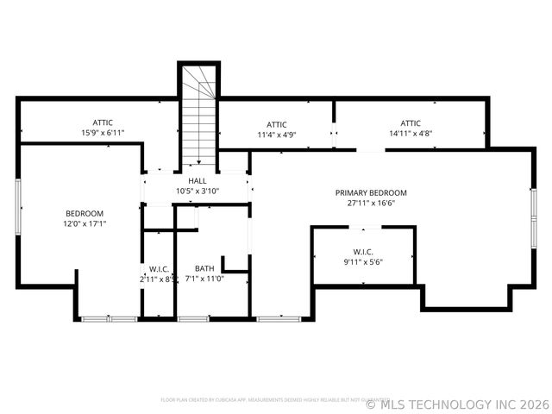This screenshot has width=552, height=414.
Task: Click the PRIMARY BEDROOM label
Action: coord(371,192)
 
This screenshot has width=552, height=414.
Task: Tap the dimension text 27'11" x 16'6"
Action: coord(371,204)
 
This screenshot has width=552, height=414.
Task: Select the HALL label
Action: coord(198,180)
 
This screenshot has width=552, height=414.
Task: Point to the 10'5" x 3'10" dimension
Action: coord(198,191)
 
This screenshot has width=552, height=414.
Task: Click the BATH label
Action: coord(204,268)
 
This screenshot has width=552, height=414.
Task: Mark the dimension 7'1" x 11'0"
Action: coord(204,279)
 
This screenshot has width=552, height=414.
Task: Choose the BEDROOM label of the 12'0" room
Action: coord(85,213)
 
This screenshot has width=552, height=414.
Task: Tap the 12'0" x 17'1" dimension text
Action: coord(85,224)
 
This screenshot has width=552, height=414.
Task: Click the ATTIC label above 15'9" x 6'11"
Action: coord(103,122)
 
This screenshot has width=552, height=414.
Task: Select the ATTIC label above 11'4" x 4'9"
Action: coord(277,124)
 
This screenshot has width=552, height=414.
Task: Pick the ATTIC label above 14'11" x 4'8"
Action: coord(411,122)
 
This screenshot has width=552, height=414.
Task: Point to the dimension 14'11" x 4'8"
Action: coord(411,134)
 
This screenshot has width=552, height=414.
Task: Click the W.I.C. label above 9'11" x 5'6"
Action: coord(362,252)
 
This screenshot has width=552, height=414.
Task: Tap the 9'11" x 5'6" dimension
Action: coord(362,262)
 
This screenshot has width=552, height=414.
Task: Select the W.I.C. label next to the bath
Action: coord(158,268)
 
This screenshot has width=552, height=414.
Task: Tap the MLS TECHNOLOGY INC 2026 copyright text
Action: coord(457,403)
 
